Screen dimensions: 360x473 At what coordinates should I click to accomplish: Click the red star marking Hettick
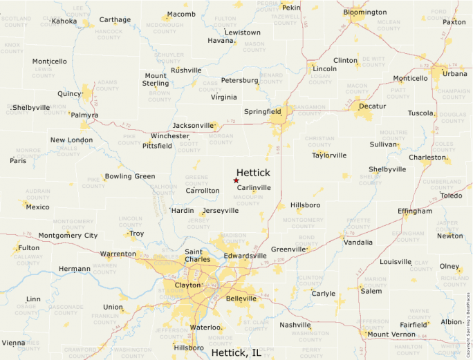tap(236, 180)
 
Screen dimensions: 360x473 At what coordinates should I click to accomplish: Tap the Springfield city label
tap(262, 111)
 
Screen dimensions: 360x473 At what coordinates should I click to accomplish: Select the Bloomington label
tap(364, 12)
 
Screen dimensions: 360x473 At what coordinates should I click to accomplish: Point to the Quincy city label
tap(69, 94)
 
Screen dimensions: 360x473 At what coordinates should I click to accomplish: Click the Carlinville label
tap(254, 187)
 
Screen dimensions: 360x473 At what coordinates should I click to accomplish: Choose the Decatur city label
tap(372, 106)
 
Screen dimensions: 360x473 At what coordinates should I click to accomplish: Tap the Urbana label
tap(454, 74)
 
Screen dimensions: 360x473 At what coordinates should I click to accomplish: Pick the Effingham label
tap(415, 211)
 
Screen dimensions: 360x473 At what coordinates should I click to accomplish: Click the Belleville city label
tap(241, 299)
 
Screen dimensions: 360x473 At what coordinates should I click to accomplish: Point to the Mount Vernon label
tap(391, 334)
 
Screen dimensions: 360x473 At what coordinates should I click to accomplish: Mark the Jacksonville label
tap(193, 125)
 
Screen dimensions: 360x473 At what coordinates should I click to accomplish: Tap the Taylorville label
tap(329, 155)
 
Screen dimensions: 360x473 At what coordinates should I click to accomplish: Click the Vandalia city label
tap(358, 243)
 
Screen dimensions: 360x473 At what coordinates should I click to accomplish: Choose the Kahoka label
tap(64, 21)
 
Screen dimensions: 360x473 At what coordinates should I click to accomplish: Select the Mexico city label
tap(37, 207)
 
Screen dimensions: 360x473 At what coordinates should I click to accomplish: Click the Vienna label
tap(13, 343)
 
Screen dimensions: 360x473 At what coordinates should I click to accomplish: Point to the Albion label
tap(451, 322)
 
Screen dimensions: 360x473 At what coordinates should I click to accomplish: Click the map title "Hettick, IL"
tap(236, 353)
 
